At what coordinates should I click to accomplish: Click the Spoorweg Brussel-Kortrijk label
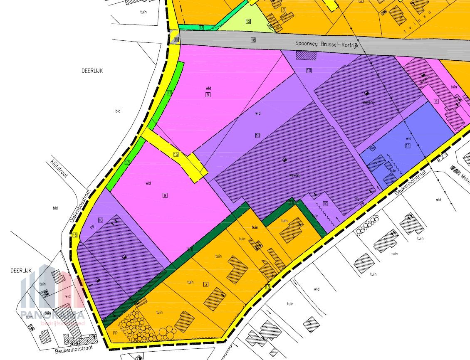click(327, 43)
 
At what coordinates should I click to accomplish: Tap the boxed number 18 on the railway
click(253, 40)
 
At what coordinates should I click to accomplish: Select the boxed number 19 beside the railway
click(176, 39)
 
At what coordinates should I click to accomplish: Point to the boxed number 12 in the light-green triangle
click(248, 21)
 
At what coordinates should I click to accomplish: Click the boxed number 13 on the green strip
click(201, 28)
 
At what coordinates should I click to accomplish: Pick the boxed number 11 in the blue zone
click(408, 145)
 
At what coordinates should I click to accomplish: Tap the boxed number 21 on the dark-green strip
click(292, 202)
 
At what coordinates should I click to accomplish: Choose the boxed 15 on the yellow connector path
click(176, 154)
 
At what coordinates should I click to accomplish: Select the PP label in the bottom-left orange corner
click(114, 333)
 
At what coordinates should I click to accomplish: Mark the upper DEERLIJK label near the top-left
click(92, 71)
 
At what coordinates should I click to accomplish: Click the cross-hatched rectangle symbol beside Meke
click(456, 170)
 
